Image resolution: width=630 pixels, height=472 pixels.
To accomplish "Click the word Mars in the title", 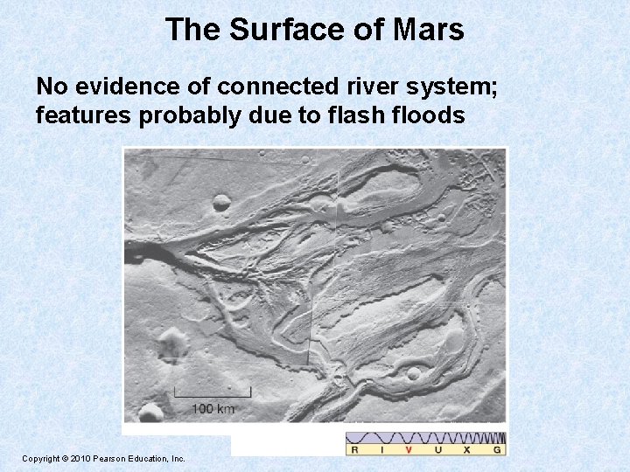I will pyautogui.click(x=428, y=31).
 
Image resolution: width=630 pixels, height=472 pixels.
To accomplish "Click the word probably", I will pyautogui.click(x=183, y=115).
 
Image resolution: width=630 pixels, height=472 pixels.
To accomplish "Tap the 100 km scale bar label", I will pyautogui.click(x=213, y=408).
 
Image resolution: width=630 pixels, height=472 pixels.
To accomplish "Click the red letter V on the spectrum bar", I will pyautogui.click(x=409, y=449).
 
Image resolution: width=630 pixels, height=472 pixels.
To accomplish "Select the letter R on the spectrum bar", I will pyautogui.click(x=354, y=449).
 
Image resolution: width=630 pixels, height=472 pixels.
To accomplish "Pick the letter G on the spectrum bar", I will pyautogui.click(x=497, y=449).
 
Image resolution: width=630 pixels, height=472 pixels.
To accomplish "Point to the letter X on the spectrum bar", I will pyautogui.click(x=466, y=449).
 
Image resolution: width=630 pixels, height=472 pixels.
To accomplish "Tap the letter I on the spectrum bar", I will pyautogui.click(x=381, y=449).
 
